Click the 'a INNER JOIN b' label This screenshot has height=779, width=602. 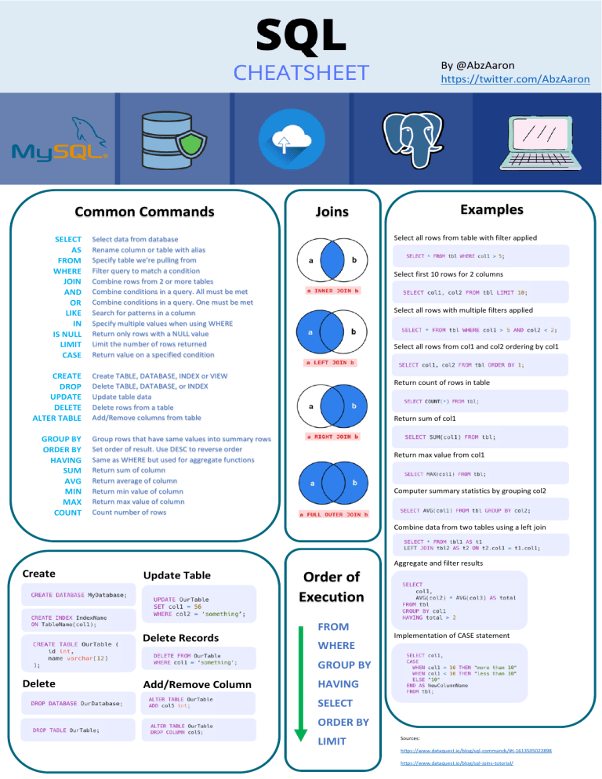click(x=332, y=291)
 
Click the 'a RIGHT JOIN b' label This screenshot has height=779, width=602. click(x=332, y=435)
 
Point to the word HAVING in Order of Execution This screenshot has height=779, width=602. click(x=338, y=684)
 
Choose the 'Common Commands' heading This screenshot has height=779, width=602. click(x=143, y=212)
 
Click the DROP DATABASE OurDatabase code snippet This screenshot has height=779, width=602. click(x=76, y=703)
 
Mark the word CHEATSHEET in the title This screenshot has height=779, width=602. click(x=302, y=73)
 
